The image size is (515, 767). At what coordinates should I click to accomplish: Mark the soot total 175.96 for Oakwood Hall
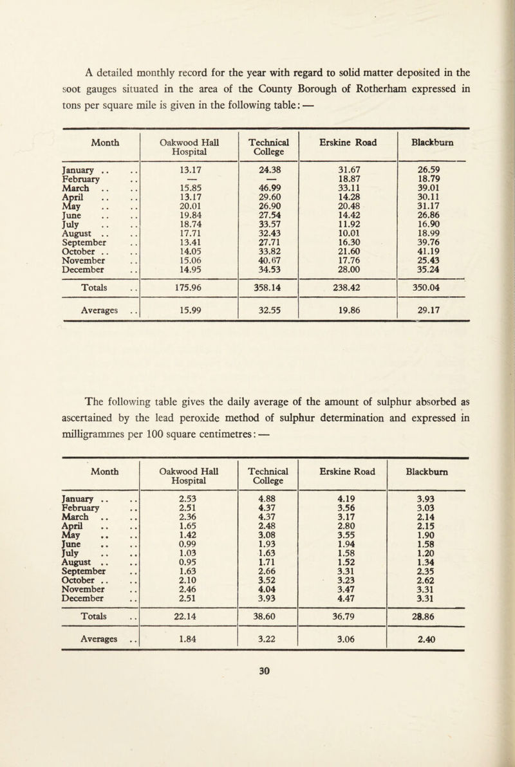coord(190,281)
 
